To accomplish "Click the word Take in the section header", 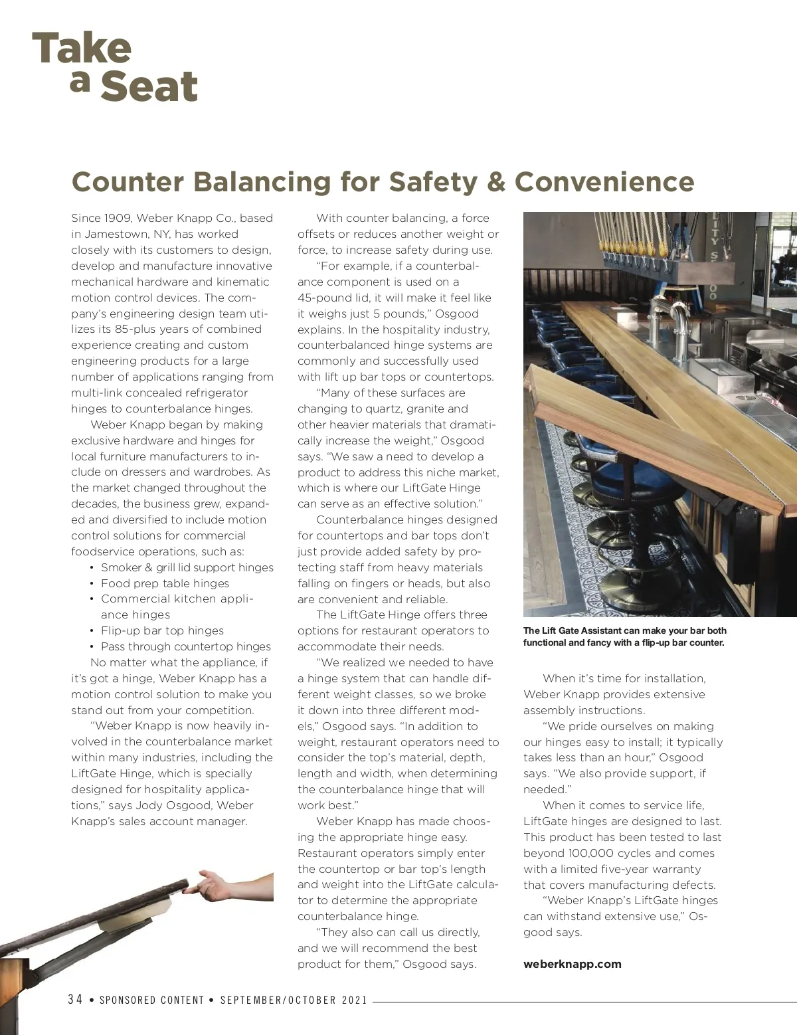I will point(82,48).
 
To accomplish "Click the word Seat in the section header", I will point(149,87).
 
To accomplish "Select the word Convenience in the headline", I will point(604,181).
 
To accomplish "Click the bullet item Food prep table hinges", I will point(165,583).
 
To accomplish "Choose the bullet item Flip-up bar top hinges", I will point(162,630).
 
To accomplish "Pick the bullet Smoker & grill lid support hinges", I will point(187,567).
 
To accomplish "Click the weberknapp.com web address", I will point(572,964).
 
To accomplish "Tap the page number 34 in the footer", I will point(75,1000).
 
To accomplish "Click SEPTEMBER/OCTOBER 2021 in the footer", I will point(294,1000).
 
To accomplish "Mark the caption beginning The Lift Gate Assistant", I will point(624,636).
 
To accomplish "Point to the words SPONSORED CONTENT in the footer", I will point(151,1000).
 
